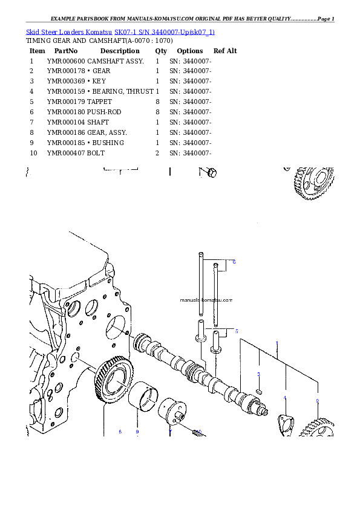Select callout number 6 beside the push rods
(234, 262)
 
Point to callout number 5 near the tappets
(237, 331)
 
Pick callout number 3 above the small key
(258, 375)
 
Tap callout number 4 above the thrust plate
(285, 398)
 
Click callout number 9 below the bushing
(137, 432)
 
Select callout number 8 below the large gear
(120, 432)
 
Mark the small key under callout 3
(259, 391)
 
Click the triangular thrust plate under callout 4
(285, 421)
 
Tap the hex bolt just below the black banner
(210, 173)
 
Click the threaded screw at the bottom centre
(198, 433)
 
